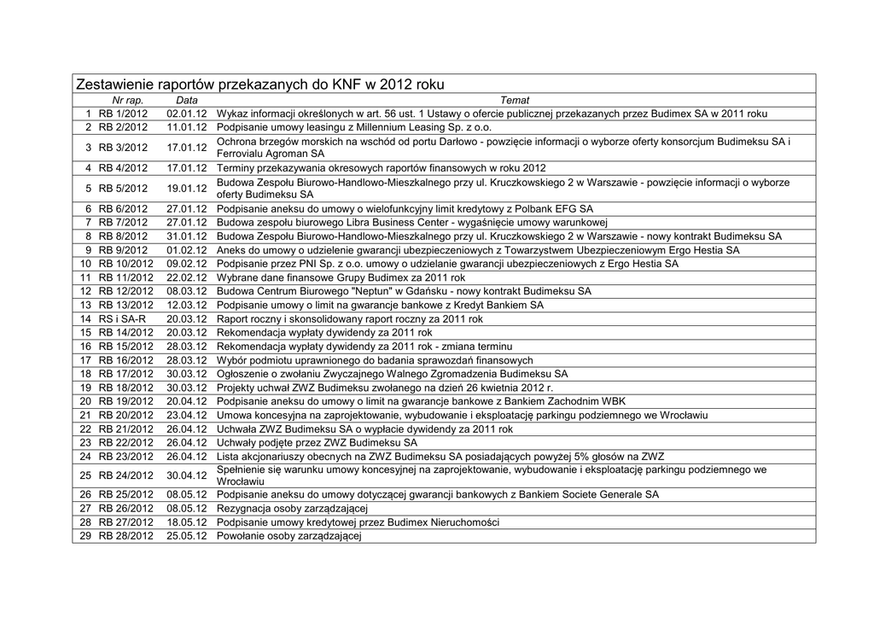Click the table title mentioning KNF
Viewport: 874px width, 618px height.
pyautogui.click(x=260, y=85)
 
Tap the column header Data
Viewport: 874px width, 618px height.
pyautogui.click(x=186, y=101)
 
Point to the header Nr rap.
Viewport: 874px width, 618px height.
pyautogui.click(x=128, y=101)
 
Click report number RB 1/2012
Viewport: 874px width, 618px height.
pyautogui.click(x=123, y=114)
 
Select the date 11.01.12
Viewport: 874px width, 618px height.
pyautogui.click(x=187, y=127)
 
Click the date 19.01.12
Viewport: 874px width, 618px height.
pyautogui.click(x=187, y=189)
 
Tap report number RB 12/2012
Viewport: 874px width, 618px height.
pyautogui.click(x=125, y=291)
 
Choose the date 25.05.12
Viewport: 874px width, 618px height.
pyautogui.click(x=187, y=536)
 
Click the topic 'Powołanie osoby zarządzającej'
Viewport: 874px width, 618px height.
pyautogui.click(x=289, y=536)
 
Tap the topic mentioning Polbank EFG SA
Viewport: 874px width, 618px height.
pyautogui.click(x=405, y=209)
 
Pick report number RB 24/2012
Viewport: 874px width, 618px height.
pyautogui.click(x=125, y=475)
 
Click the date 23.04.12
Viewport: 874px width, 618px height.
pyautogui.click(x=187, y=415)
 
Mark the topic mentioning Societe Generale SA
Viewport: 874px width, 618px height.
pyautogui.click(x=438, y=495)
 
